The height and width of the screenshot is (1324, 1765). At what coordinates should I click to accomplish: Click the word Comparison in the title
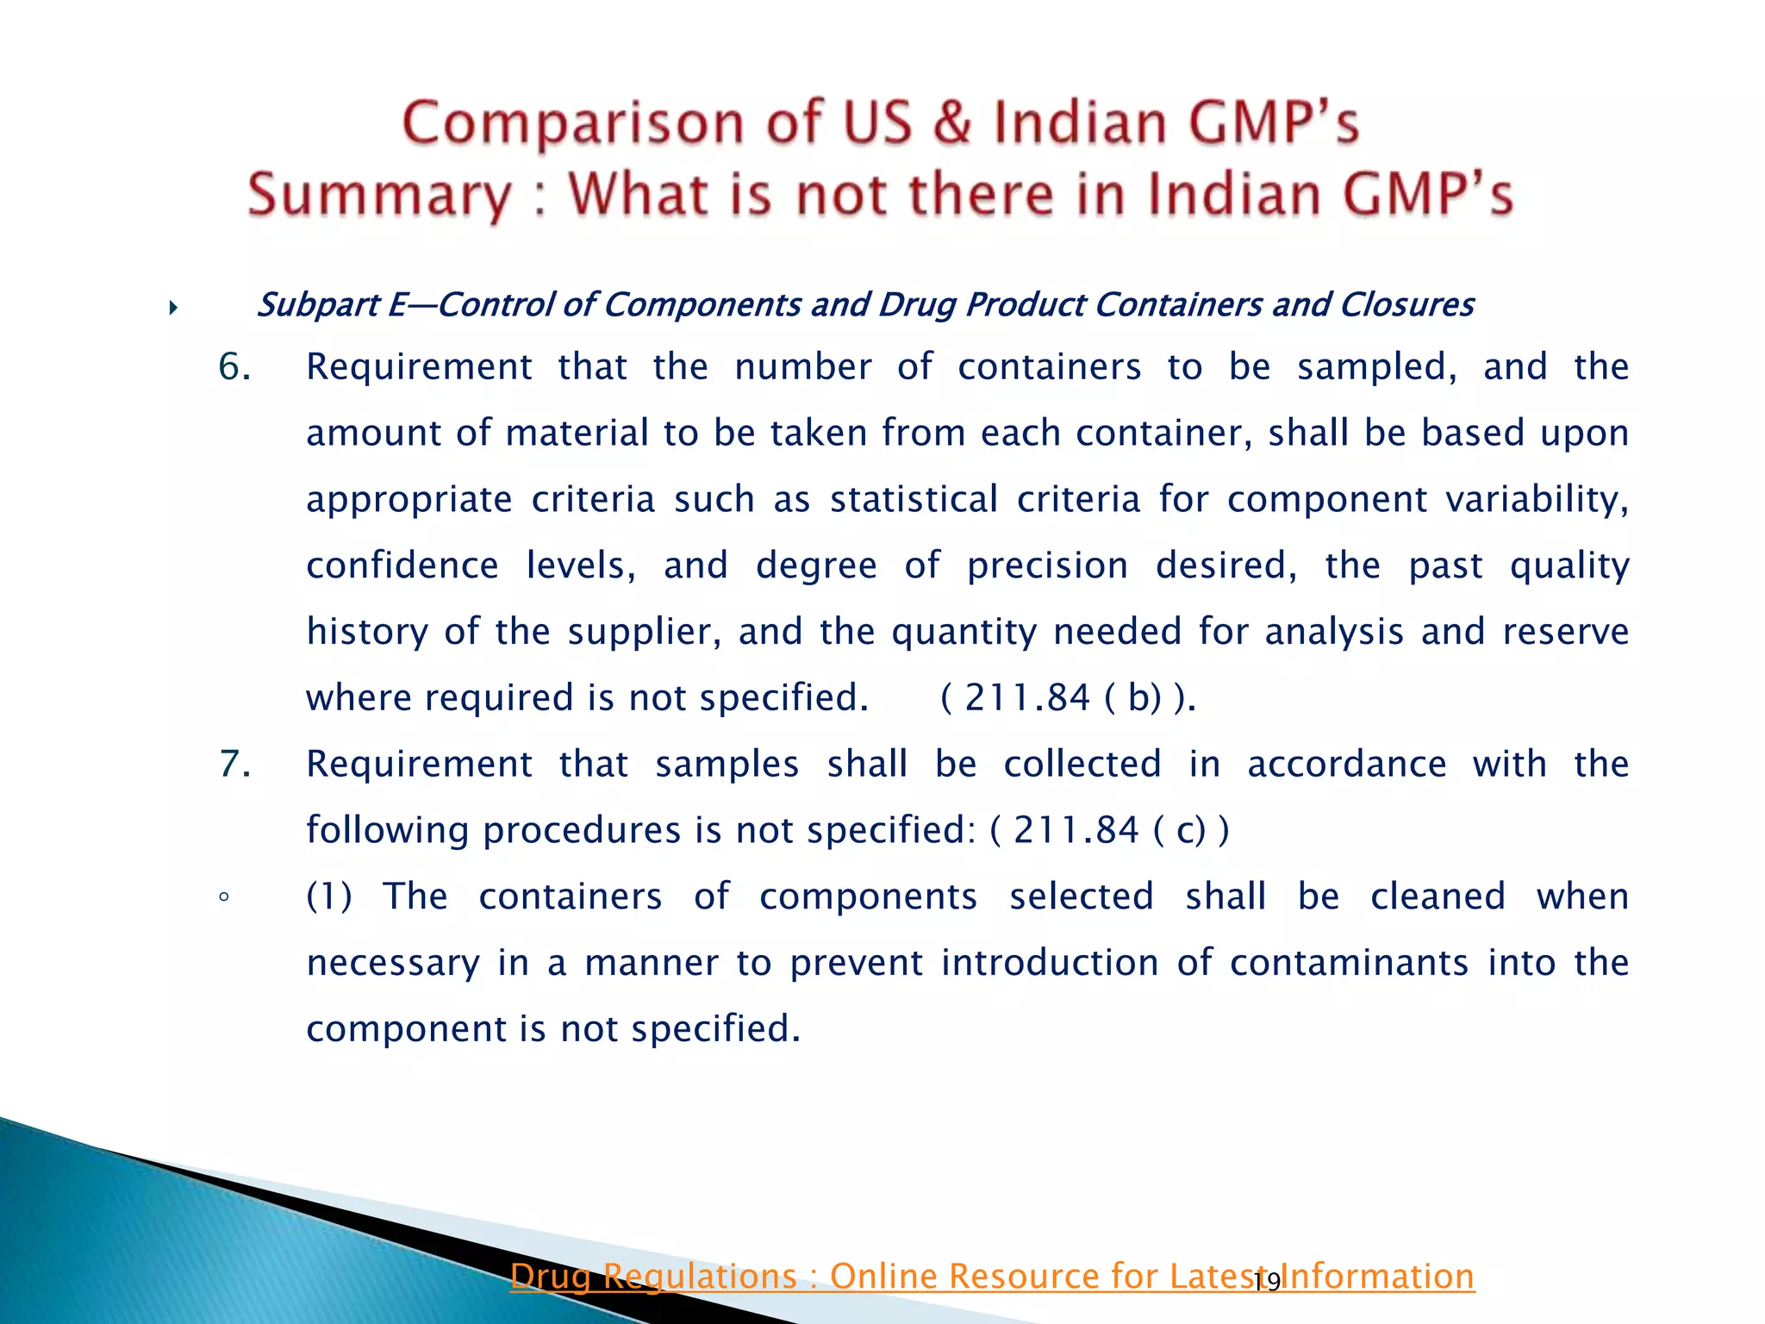(572, 122)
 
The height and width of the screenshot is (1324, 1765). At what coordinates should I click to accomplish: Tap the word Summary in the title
(379, 194)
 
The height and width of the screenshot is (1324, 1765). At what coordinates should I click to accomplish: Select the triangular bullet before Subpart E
(173, 308)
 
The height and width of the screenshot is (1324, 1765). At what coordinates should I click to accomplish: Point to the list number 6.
(234, 367)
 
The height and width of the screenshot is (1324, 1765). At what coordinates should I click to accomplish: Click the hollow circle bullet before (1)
(224, 897)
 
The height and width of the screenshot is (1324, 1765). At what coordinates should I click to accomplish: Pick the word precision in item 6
(1047, 566)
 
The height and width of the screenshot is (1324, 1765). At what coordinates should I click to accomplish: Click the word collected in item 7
(1082, 765)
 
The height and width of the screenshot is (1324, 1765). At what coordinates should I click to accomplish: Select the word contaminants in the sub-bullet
(1349, 963)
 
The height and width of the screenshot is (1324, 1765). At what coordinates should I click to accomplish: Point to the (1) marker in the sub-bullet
(329, 896)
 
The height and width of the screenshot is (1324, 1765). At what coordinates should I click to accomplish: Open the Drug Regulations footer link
(991, 1277)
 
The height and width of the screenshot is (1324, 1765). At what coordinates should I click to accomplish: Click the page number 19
(1267, 1283)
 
